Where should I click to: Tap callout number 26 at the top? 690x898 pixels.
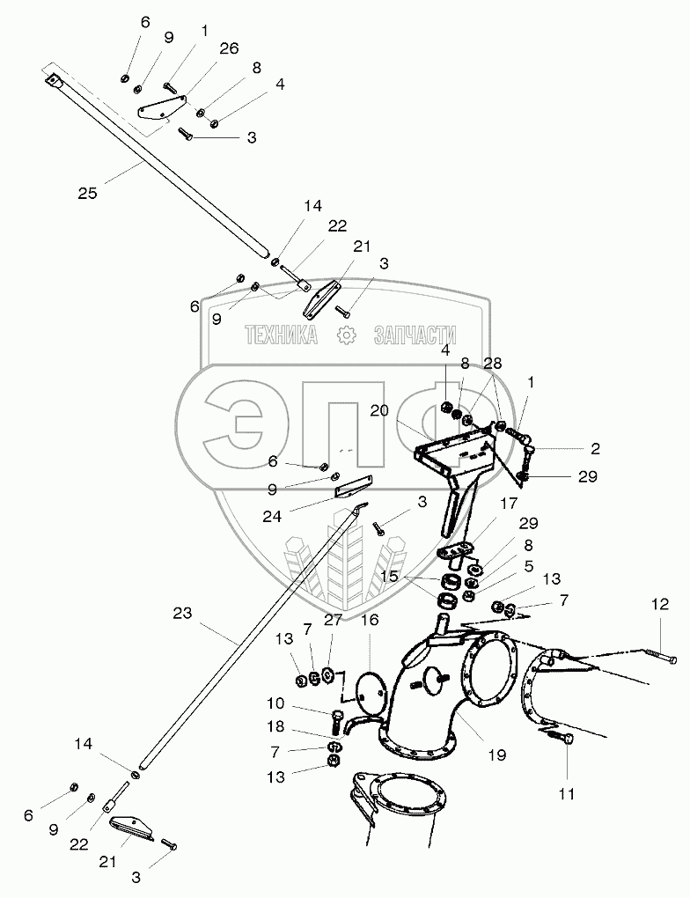[x=228, y=49]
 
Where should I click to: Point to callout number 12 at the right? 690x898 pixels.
[x=661, y=605]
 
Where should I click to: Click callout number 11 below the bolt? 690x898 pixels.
[x=566, y=793]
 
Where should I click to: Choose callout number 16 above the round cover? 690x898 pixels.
[x=371, y=621]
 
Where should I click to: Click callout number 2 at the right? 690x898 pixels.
[x=595, y=448]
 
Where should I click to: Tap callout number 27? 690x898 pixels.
[x=332, y=620]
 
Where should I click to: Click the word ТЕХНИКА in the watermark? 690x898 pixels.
[x=281, y=335]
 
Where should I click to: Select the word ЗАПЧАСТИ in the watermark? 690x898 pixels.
[x=415, y=335]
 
